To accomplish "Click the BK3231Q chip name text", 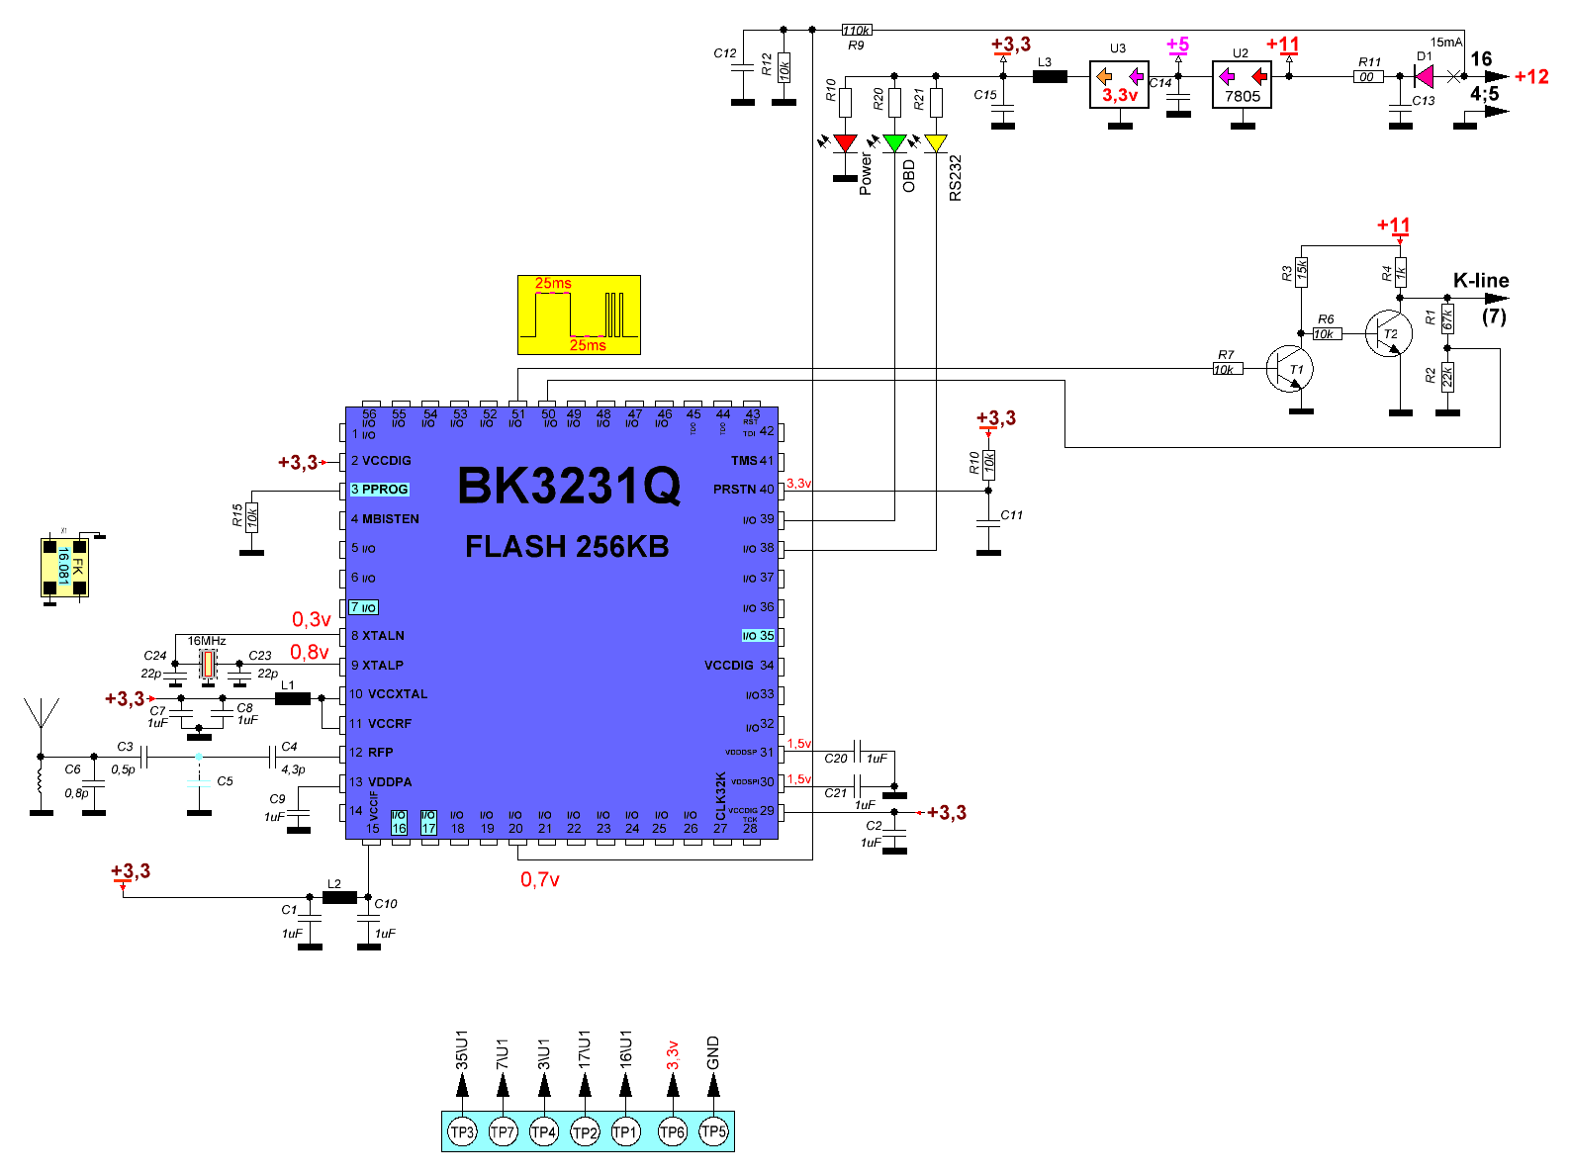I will click(x=569, y=486).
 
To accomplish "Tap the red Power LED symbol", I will click(x=845, y=143).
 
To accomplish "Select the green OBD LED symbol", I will click(x=894, y=143).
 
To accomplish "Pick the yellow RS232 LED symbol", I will click(x=936, y=143).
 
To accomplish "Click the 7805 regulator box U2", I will click(x=1242, y=85).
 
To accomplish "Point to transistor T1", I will click(x=1289, y=369).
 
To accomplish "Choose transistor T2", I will click(x=1388, y=333).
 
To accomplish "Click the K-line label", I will click(x=1481, y=281).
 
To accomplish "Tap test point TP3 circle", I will click(x=462, y=1131).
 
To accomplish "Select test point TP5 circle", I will click(x=713, y=1130).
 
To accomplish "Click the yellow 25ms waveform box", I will click(x=579, y=315).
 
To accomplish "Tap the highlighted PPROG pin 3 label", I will click(x=379, y=490).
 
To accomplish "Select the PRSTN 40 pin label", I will click(x=743, y=490).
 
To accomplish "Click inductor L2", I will click(x=339, y=897).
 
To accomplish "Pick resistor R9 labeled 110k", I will click(x=857, y=31).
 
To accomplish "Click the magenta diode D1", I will click(x=1425, y=76).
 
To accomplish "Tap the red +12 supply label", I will click(x=1531, y=77).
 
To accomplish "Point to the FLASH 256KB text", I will click(x=567, y=547).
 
